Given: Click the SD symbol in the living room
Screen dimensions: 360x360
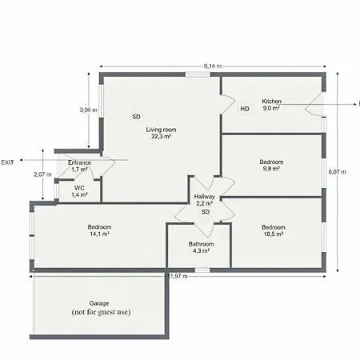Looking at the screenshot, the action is (x=136, y=117).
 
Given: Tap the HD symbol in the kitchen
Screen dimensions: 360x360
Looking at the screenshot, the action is (x=245, y=109).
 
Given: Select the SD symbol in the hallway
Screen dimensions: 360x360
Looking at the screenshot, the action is (x=206, y=212).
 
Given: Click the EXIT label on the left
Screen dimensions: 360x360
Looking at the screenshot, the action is (x=7, y=162).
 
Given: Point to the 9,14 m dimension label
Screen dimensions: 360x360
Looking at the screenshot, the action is (x=213, y=66).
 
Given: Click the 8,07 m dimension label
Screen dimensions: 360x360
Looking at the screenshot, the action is (x=338, y=172).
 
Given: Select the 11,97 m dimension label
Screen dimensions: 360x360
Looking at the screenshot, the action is (x=178, y=276).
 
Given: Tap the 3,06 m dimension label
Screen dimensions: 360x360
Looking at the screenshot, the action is (x=89, y=110).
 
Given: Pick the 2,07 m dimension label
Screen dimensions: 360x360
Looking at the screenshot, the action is (x=42, y=174).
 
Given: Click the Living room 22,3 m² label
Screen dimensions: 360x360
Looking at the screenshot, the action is (x=161, y=133).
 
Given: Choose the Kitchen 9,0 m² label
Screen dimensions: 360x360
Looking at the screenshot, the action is (x=271, y=105).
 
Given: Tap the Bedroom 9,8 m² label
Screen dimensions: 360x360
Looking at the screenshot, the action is (x=271, y=166).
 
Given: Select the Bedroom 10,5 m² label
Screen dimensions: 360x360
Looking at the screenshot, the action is (x=274, y=230).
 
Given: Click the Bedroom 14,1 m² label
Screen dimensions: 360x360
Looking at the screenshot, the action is (x=99, y=230).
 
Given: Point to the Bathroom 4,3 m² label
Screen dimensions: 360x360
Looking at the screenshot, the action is (x=201, y=247).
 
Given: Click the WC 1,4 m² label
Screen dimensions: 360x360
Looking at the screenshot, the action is (x=79, y=191).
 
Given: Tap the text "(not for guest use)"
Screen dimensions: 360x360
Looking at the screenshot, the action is (x=101, y=312).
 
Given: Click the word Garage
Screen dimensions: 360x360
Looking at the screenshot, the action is (x=99, y=303).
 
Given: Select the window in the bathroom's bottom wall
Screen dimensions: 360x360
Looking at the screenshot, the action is (x=202, y=270).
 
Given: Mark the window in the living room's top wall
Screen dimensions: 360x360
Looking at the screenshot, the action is (x=198, y=74).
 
